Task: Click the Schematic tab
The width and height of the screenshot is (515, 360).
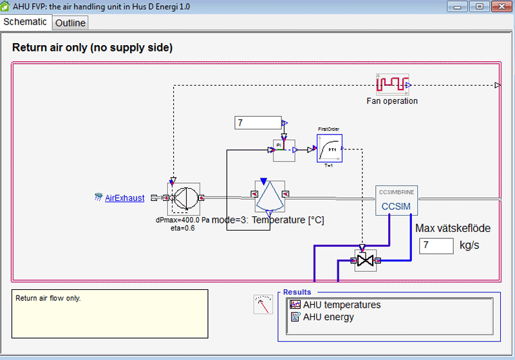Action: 25,21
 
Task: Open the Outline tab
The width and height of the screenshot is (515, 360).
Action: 70,23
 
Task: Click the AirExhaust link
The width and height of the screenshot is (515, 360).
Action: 124,198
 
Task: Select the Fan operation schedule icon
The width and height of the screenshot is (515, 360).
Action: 393,84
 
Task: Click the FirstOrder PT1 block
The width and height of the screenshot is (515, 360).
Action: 329,149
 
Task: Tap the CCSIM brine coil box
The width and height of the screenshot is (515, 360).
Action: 397,201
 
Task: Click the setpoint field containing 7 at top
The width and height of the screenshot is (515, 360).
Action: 257,122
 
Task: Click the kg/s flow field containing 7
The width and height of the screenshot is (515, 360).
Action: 436,245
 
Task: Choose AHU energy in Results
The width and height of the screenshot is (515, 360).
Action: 328,317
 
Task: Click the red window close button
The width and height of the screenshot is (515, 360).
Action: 500,6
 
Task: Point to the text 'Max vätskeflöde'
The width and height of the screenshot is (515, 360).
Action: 453,228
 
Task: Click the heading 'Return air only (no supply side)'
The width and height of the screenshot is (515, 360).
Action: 92,48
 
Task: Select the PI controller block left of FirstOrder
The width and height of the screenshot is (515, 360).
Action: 283,150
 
